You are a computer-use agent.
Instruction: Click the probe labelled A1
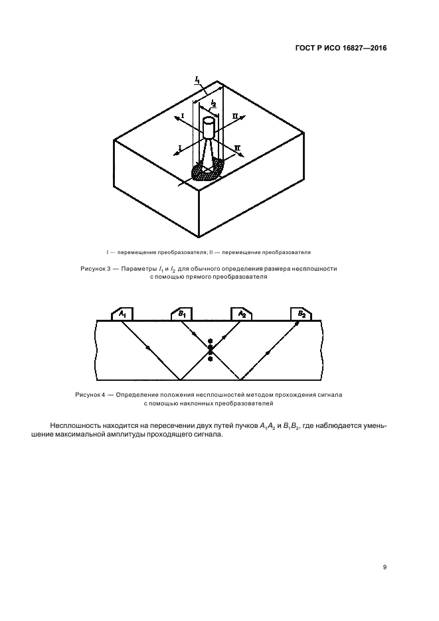point(122,314)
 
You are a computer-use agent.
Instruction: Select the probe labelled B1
point(181,314)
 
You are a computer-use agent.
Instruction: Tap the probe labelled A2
point(242,314)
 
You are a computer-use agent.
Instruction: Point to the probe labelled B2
point(301,314)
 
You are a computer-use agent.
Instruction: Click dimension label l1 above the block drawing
point(197,80)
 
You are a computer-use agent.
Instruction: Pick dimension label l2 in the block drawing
point(213,103)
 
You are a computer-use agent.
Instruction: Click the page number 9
point(385,567)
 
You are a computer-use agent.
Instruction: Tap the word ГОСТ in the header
point(305,48)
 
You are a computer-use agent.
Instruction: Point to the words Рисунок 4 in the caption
point(90,395)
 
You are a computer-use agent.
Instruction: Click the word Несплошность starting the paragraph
point(74,426)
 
